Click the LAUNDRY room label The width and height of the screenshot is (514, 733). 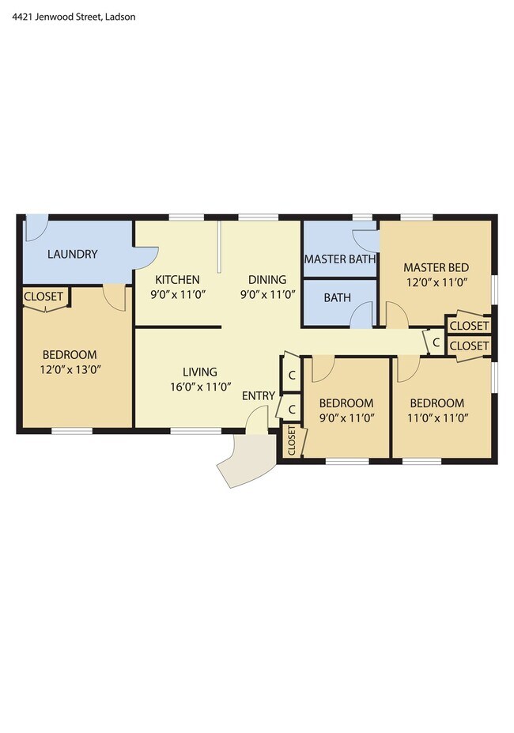click(x=73, y=254)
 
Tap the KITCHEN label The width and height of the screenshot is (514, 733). click(x=177, y=280)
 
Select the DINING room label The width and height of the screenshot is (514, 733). click(x=267, y=280)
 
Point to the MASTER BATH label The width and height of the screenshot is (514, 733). click(x=340, y=259)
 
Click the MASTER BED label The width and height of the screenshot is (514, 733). click(x=436, y=267)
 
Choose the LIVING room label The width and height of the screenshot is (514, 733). click(x=200, y=372)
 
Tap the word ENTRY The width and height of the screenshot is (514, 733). click(x=258, y=395)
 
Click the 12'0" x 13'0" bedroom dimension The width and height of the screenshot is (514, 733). click(x=70, y=370)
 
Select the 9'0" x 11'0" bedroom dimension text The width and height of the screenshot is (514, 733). click(x=346, y=418)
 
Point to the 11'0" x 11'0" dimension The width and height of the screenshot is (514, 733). click(x=438, y=418)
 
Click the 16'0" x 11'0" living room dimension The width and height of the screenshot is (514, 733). click(x=201, y=387)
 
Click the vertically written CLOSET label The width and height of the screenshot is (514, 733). click(x=291, y=440)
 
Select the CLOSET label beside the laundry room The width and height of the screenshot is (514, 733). click(x=43, y=297)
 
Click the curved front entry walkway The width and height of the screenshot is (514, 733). click(x=246, y=459)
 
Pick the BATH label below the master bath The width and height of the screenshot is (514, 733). click(x=337, y=297)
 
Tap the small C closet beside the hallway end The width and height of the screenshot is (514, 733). click(x=436, y=342)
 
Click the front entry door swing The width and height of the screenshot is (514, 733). click(x=257, y=418)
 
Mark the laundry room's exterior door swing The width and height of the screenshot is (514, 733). click(x=36, y=228)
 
